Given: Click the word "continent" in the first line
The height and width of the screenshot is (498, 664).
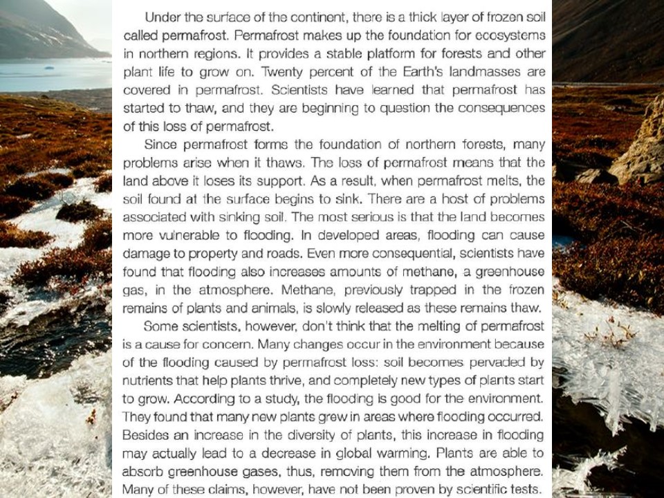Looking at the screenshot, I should [x=312, y=15].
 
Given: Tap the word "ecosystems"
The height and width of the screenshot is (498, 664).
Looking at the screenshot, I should [x=511, y=35].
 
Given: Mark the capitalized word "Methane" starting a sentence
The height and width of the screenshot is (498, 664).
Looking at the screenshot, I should [x=286, y=290].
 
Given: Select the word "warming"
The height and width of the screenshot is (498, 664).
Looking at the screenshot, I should [x=387, y=454].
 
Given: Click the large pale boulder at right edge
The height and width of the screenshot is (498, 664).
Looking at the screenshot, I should [x=642, y=145].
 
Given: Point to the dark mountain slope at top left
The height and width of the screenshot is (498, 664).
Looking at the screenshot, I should [x=35, y=28].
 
